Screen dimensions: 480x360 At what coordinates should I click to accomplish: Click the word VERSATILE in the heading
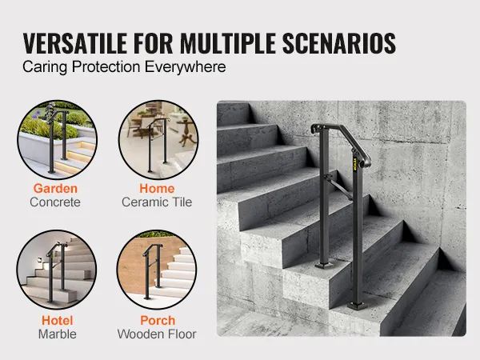coord(75,43)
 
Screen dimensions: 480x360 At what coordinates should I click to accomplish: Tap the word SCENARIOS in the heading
coord(339,43)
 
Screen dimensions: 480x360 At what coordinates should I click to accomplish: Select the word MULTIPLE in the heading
coord(228,43)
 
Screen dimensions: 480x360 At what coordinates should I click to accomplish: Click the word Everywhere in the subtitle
coord(186,67)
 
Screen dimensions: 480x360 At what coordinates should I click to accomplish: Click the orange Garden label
coord(55,188)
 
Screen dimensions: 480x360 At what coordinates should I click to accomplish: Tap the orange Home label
coord(157,188)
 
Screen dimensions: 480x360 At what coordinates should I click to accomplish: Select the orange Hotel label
coord(58,321)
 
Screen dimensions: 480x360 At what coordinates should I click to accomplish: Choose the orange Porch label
coord(158,321)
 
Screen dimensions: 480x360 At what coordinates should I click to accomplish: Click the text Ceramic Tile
coord(157,202)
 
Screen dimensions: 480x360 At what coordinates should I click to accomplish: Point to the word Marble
coord(58,334)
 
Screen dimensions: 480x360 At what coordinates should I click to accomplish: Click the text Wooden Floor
coord(157,334)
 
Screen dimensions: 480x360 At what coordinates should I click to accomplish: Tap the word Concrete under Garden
coord(55,202)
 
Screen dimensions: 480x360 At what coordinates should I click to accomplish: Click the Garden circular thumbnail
coord(58,139)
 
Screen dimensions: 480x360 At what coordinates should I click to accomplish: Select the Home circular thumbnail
coord(158,139)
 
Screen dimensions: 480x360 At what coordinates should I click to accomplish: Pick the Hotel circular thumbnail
coord(57,270)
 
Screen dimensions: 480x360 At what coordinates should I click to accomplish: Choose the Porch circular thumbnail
coord(157,270)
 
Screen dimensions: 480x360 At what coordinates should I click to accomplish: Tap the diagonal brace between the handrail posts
coord(339,187)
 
